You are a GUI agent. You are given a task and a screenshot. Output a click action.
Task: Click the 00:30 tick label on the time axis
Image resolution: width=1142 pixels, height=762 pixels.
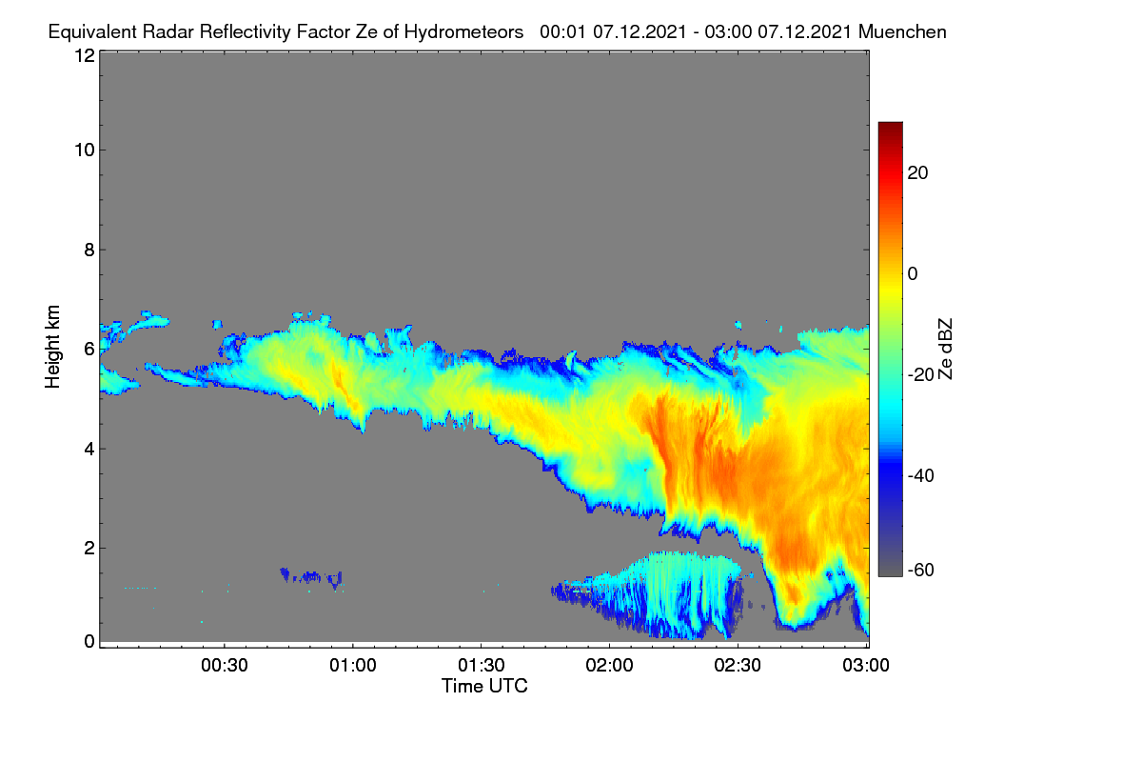(225, 666)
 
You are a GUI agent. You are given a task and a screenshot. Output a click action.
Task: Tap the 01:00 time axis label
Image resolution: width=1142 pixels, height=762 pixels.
(353, 666)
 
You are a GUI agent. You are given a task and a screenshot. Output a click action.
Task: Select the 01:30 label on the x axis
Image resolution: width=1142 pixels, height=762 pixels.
(482, 666)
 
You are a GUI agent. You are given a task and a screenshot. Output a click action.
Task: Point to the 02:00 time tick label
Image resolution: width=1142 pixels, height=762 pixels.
(609, 666)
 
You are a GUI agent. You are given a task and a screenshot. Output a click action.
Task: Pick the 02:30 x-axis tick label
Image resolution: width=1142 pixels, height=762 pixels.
(738, 666)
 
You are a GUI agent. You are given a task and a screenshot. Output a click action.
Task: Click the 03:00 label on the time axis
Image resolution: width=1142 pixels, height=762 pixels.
(866, 666)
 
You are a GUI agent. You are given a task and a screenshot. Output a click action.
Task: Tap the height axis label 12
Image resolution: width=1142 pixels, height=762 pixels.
(85, 55)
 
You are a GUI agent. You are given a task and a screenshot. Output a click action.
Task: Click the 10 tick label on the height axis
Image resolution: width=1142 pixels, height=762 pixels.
(85, 150)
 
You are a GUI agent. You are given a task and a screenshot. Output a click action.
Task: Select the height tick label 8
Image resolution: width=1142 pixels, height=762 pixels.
(89, 251)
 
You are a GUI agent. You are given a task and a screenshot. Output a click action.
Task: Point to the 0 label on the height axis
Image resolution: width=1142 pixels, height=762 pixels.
(89, 642)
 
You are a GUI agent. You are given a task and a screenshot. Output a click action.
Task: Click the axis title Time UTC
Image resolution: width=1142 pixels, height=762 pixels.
(484, 686)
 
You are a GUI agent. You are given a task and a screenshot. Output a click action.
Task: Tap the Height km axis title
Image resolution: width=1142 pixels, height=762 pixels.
(52, 347)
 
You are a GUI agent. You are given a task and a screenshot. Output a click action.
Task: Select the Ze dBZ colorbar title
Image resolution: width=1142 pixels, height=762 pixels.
(945, 350)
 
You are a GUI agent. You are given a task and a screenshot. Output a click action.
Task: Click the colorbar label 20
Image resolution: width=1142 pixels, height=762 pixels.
(917, 173)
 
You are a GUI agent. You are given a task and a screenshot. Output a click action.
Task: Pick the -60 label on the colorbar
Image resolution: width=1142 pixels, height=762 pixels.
(921, 571)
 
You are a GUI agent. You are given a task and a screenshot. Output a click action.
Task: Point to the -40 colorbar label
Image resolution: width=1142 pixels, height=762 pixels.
(921, 475)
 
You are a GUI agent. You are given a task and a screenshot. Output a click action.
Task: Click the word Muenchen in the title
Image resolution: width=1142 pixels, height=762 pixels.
(902, 31)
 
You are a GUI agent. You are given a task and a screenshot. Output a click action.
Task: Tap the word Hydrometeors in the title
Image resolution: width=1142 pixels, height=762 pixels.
(464, 32)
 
